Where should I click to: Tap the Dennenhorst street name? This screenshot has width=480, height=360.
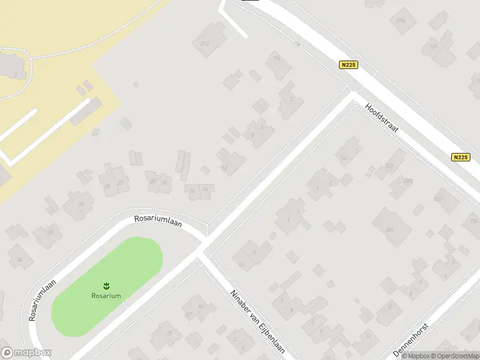click(414, 340)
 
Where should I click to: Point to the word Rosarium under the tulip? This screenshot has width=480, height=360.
click(106, 295)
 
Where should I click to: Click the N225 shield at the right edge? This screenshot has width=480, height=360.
click(460, 157)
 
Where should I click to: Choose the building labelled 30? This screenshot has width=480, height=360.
click(50, 232)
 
